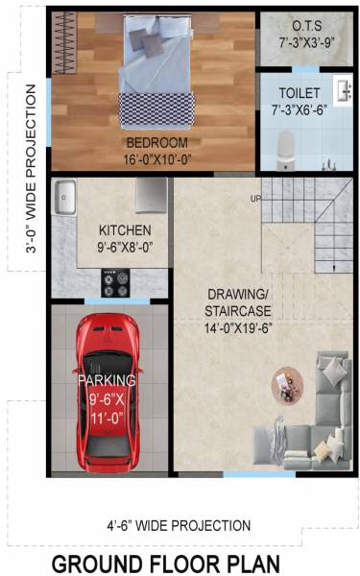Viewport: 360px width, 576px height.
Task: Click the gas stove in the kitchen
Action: click(x=115, y=282)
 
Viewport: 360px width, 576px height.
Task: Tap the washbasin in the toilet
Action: click(x=343, y=91)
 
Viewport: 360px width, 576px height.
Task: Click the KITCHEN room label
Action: click(x=125, y=230)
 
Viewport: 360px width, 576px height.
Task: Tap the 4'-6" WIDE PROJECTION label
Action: click(x=179, y=525)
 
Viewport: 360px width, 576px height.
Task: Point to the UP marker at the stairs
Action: click(x=255, y=199)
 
